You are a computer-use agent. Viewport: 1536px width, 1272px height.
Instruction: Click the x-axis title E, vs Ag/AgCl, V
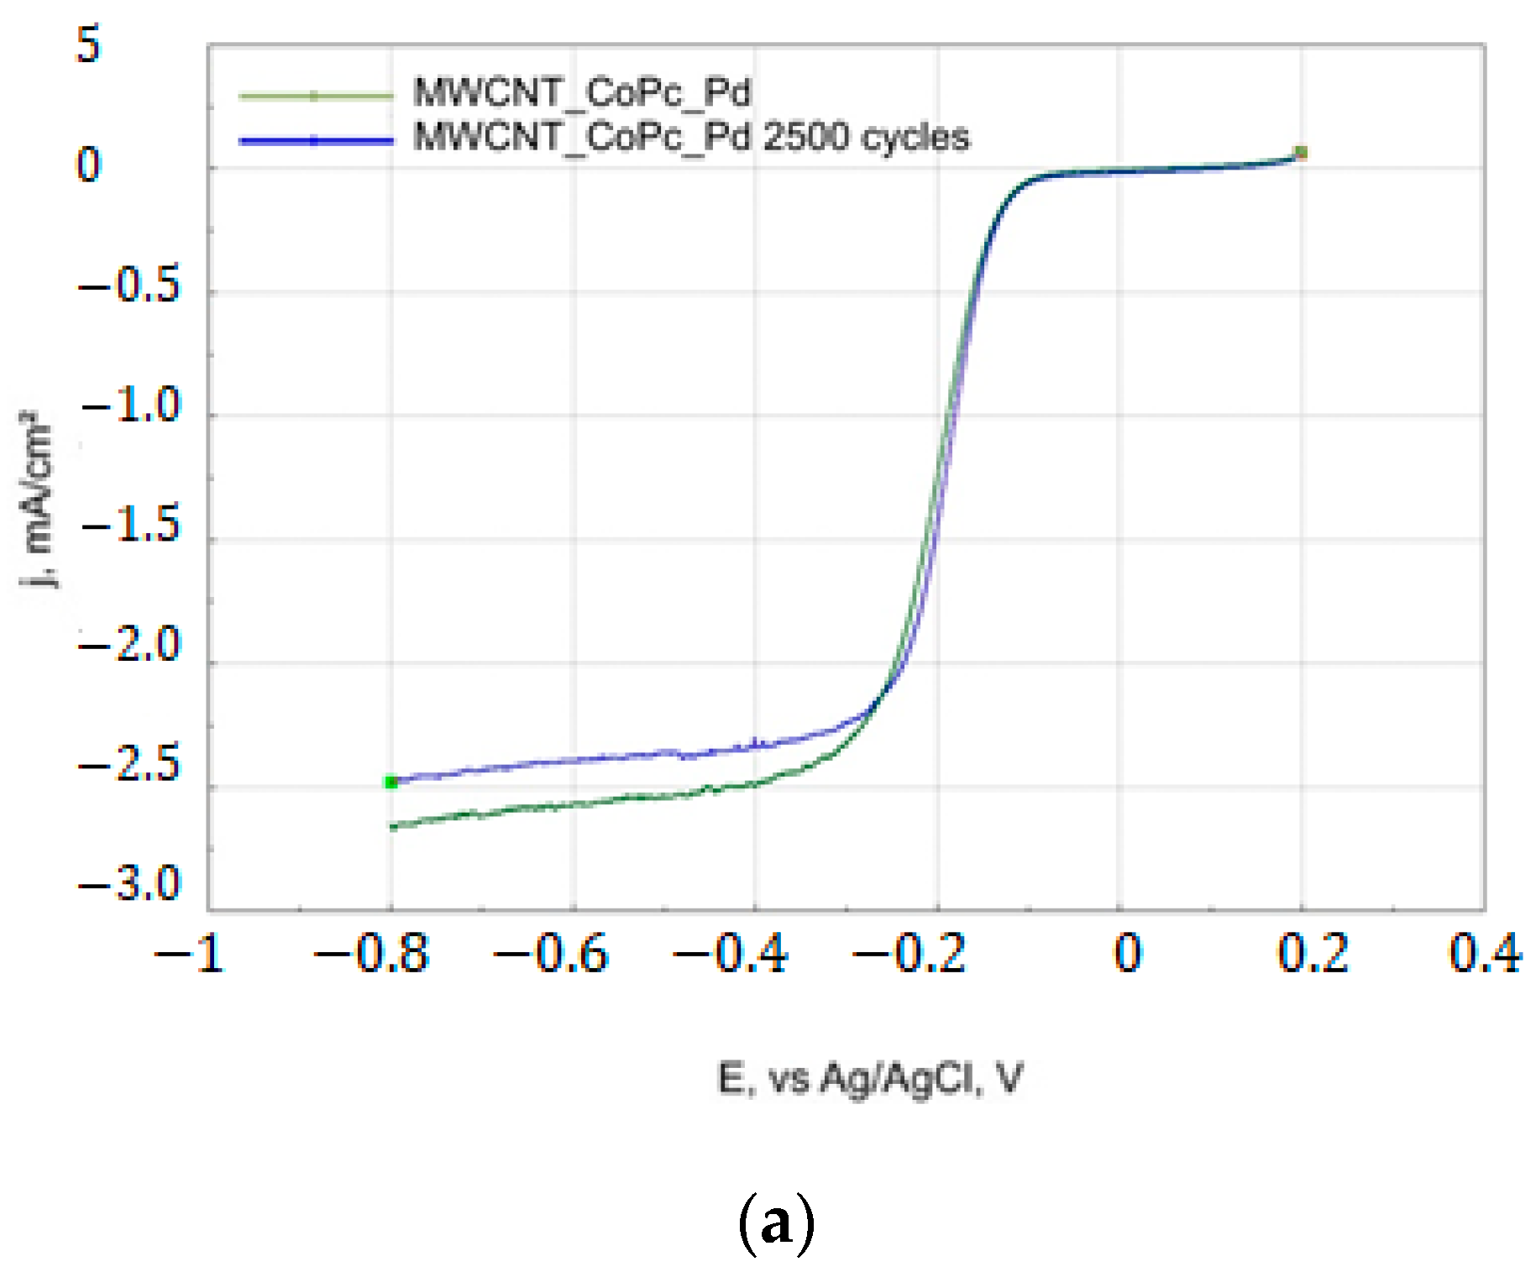pos(870,1078)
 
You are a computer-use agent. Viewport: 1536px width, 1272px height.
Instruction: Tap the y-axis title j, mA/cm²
pos(38,499)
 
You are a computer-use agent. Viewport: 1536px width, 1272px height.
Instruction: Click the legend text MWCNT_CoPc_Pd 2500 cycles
pos(690,137)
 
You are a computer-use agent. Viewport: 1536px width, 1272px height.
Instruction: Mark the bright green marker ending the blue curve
pos(391,783)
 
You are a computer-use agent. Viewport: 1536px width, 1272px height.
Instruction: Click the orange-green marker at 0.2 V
pos(1301,153)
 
